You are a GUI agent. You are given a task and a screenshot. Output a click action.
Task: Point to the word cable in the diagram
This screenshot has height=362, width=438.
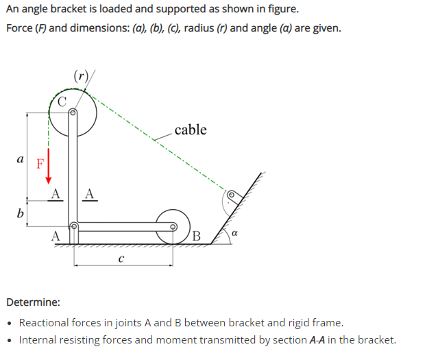(190, 130)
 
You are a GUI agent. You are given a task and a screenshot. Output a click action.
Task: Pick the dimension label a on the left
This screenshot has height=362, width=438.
(20, 158)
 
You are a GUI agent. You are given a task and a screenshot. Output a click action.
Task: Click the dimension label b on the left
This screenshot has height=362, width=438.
(20, 213)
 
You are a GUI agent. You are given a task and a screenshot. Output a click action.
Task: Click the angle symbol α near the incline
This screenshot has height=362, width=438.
(235, 235)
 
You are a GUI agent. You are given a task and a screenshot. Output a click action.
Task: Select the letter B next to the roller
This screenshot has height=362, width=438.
(196, 237)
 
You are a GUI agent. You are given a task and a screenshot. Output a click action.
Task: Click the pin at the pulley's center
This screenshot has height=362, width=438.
(73, 112)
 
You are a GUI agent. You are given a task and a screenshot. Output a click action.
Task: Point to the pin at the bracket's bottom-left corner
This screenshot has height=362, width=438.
(73, 226)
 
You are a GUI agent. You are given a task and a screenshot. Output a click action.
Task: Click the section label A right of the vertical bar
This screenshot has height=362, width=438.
(90, 194)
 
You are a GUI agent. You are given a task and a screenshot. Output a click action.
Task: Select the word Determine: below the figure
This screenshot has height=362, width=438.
(32, 302)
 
